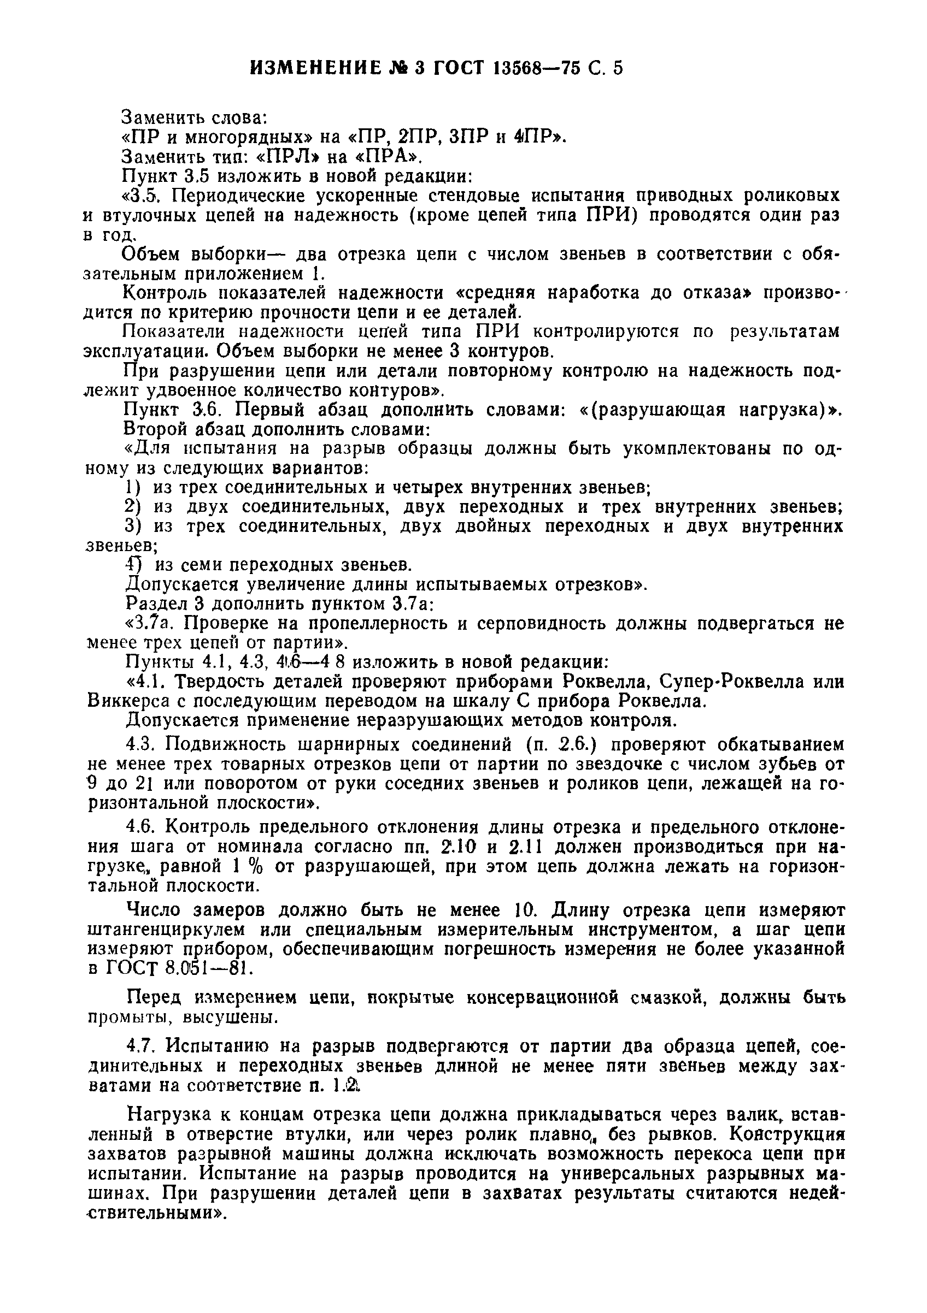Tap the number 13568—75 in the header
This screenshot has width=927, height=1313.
536,69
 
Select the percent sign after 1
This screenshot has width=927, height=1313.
256,867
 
